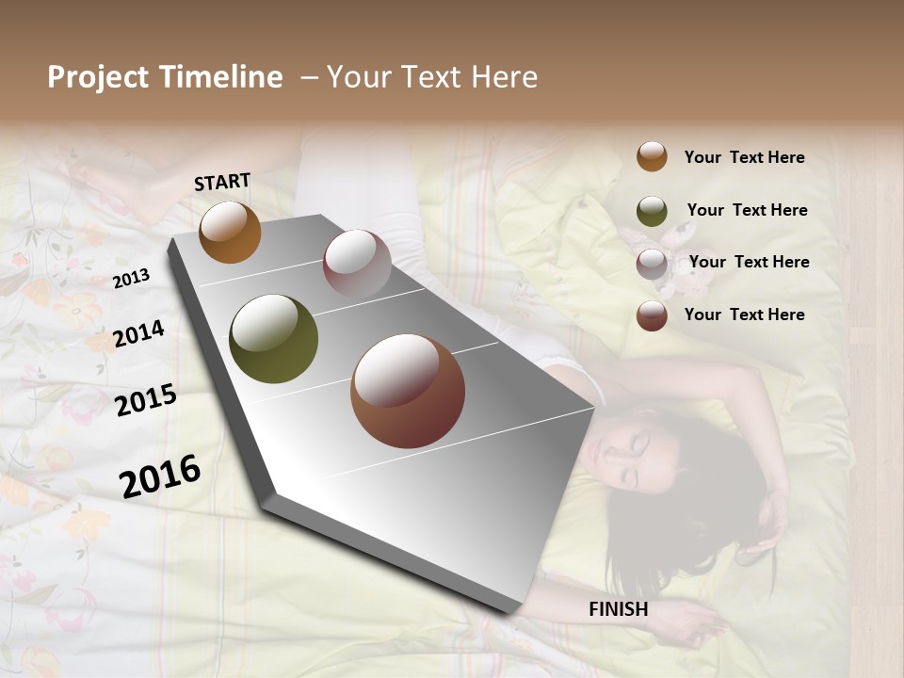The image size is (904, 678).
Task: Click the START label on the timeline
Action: [x=222, y=182]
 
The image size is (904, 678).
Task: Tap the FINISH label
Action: [x=618, y=609]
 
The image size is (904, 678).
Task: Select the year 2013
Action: [x=131, y=278]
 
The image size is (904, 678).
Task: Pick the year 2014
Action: [x=138, y=334]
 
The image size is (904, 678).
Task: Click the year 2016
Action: [x=160, y=476]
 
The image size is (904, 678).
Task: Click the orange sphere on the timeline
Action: [x=230, y=232]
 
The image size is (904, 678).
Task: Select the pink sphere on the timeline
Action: [x=356, y=264]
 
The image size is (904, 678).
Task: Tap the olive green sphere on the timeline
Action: [x=273, y=339]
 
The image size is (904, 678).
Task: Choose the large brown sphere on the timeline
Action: [x=407, y=391]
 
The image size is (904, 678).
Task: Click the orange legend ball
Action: [x=652, y=156]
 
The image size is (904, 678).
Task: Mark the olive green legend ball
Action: [x=652, y=210]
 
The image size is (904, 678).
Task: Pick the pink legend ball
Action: [x=652, y=263]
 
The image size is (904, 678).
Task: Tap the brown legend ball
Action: [x=652, y=315]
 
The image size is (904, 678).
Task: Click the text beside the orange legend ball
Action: [x=744, y=157]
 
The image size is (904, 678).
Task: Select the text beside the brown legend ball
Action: [x=744, y=315]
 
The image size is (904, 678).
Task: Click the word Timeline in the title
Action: [x=221, y=77]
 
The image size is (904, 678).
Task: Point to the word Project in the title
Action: [x=98, y=77]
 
